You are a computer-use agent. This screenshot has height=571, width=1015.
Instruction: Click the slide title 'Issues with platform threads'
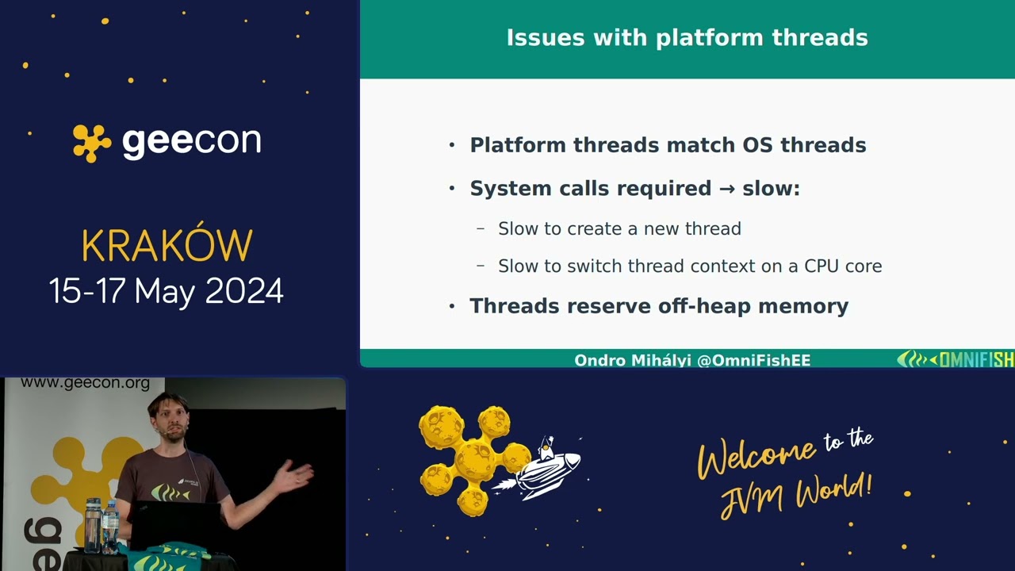687,38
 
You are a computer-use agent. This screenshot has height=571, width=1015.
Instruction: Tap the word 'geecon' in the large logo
191,142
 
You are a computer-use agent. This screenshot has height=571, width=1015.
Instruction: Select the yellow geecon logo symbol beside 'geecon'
92,143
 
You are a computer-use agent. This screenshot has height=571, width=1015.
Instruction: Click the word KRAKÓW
167,246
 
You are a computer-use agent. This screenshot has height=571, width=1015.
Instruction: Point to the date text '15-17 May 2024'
167,291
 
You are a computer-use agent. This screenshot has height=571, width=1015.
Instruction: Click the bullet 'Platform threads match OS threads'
668,145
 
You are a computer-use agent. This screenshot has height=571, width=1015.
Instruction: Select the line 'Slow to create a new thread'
619,229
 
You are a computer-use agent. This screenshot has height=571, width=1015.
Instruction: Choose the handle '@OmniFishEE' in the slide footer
753,360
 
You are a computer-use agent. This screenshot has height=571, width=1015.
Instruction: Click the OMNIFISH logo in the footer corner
955,359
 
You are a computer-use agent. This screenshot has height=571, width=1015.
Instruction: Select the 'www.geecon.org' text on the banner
85,384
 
